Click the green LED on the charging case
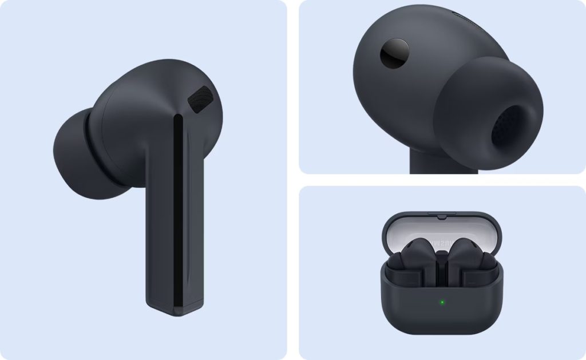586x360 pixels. (x=441, y=302)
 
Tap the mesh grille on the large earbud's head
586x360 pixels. (x=199, y=99)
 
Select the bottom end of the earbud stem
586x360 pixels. (x=172, y=312)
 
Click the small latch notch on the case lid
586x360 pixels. (x=441, y=217)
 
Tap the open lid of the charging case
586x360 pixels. (x=441, y=229)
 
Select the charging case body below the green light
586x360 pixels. (x=441, y=326)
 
